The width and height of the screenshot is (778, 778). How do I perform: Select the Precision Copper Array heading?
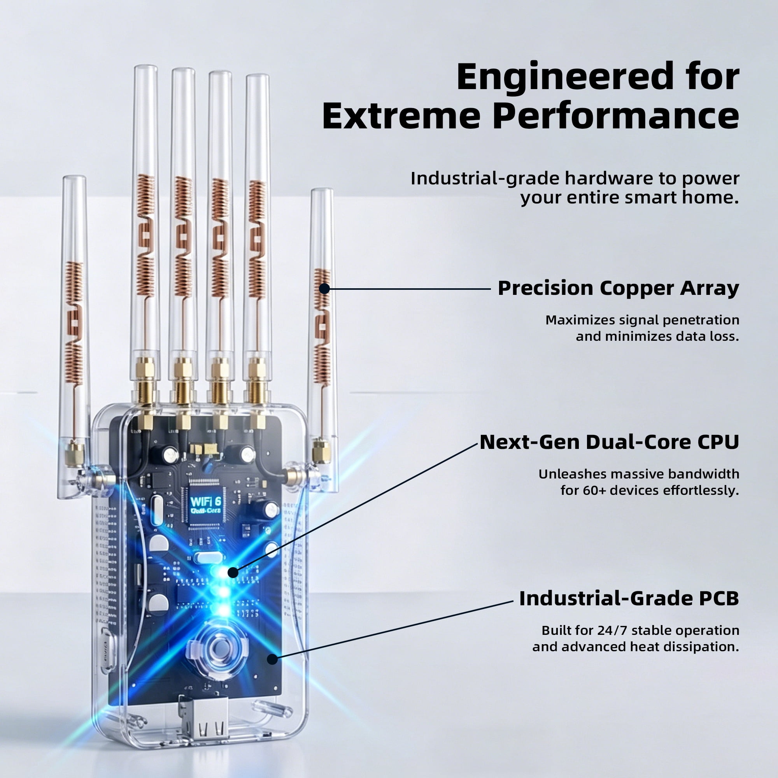pyautogui.click(x=619, y=288)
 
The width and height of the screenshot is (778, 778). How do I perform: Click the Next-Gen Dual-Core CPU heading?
pyautogui.click(x=610, y=442)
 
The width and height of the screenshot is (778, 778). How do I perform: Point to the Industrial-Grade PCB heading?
pyautogui.click(x=629, y=598)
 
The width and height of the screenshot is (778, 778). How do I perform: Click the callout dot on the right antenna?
pyautogui.click(x=324, y=289)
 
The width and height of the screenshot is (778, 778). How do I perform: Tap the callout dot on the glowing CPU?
pyautogui.click(x=233, y=572)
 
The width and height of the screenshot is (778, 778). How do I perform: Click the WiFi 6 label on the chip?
pyautogui.click(x=205, y=501)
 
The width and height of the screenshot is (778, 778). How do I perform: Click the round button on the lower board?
pyautogui.click(x=218, y=648)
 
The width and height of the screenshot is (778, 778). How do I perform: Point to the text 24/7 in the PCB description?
pyautogui.click(x=613, y=630)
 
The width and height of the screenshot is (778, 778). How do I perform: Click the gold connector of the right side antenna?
pyautogui.click(x=321, y=452)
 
